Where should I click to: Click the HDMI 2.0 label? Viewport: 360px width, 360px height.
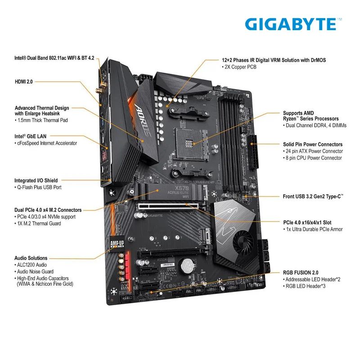pos(24,82)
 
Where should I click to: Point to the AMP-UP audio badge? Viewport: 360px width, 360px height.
pos(117,243)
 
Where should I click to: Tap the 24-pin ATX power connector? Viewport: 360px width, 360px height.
pos(253,152)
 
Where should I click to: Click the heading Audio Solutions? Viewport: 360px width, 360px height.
pos(31,258)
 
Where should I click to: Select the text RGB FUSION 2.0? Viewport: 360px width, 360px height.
pos(301,273)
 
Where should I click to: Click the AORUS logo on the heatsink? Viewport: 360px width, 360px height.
pos(142,121)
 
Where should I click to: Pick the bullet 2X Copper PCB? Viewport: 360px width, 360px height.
pos(239,67)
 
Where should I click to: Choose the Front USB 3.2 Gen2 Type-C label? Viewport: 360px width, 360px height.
pos(313,197)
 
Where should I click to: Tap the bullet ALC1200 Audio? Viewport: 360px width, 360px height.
pos(31,265)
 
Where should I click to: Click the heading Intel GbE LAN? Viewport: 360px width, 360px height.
pos(30,136)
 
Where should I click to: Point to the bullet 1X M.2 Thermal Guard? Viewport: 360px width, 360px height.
pos(38,224)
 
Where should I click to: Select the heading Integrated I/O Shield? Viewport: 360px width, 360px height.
pos(36,180)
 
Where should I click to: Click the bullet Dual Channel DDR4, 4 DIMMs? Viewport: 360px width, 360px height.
pos(315,126)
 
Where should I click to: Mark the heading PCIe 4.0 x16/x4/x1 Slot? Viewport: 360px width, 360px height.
pos(307,222)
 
